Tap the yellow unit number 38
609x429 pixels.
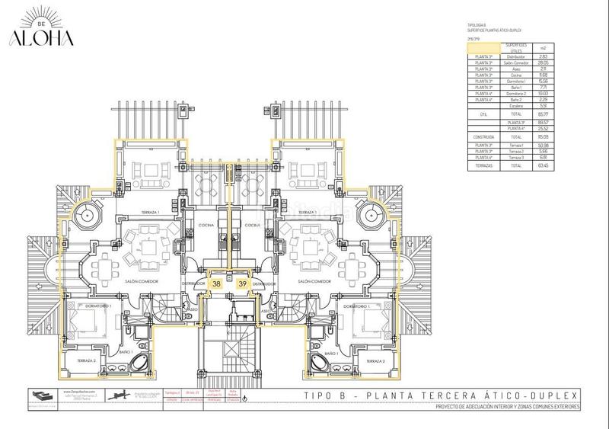(217, 283)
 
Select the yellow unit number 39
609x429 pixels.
(242, 283)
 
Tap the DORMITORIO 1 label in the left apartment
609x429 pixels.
(100, 305)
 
